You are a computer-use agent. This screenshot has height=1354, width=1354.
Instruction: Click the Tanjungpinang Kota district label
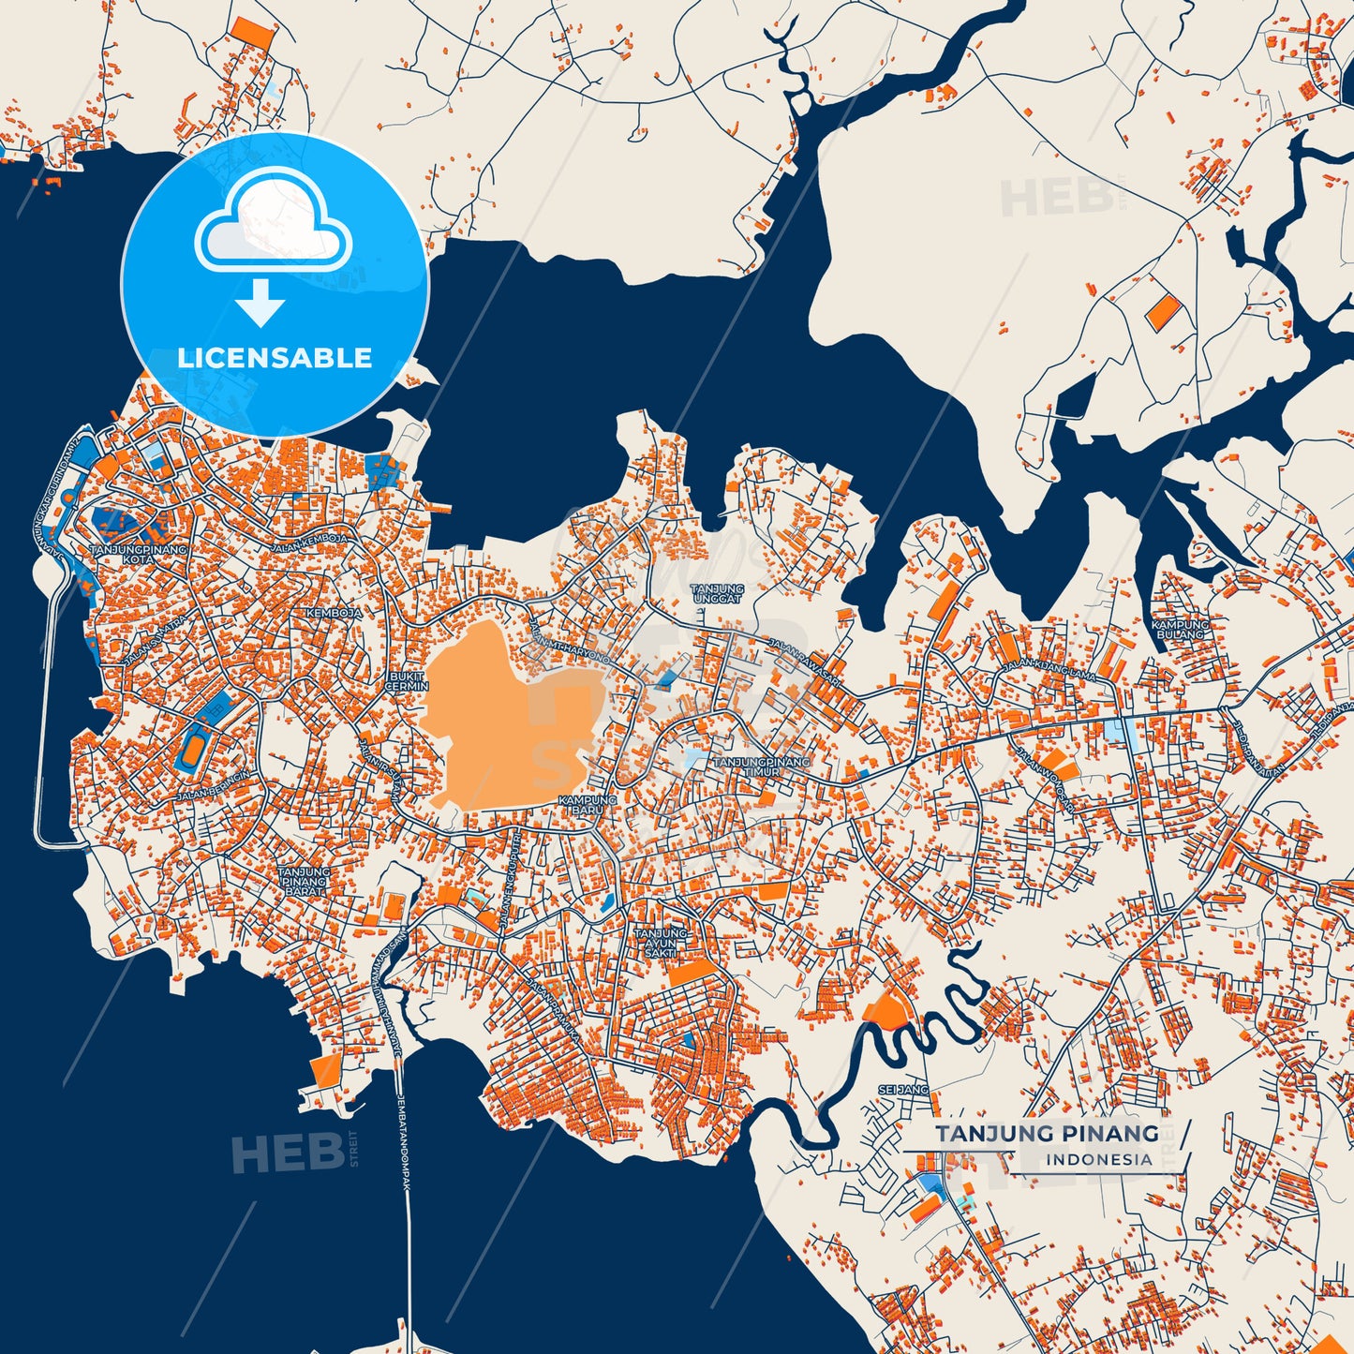(138, 554)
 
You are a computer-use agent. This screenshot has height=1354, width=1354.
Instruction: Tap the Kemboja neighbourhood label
(333, 613)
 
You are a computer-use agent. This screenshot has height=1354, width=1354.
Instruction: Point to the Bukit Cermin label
(407, 680)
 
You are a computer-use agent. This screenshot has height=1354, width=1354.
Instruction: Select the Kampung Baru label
(588, 805)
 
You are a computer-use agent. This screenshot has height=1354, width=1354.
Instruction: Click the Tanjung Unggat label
(717, 593)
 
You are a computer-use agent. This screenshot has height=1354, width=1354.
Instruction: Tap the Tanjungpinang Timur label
(761, 766)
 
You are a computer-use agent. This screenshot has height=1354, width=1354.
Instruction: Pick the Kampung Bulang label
(1180, 629)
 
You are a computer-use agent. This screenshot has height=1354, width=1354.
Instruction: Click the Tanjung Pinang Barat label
(304, 882)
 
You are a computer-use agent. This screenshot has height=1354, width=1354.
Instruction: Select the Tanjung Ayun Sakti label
(661, 943)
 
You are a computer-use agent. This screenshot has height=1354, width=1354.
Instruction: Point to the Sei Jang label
(902, 1090)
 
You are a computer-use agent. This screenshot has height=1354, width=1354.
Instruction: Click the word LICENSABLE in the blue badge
(275, 358)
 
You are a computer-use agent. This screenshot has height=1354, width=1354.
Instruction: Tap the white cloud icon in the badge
(273, 223)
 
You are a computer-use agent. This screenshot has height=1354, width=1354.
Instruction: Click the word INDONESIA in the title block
(1099, 1159)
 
